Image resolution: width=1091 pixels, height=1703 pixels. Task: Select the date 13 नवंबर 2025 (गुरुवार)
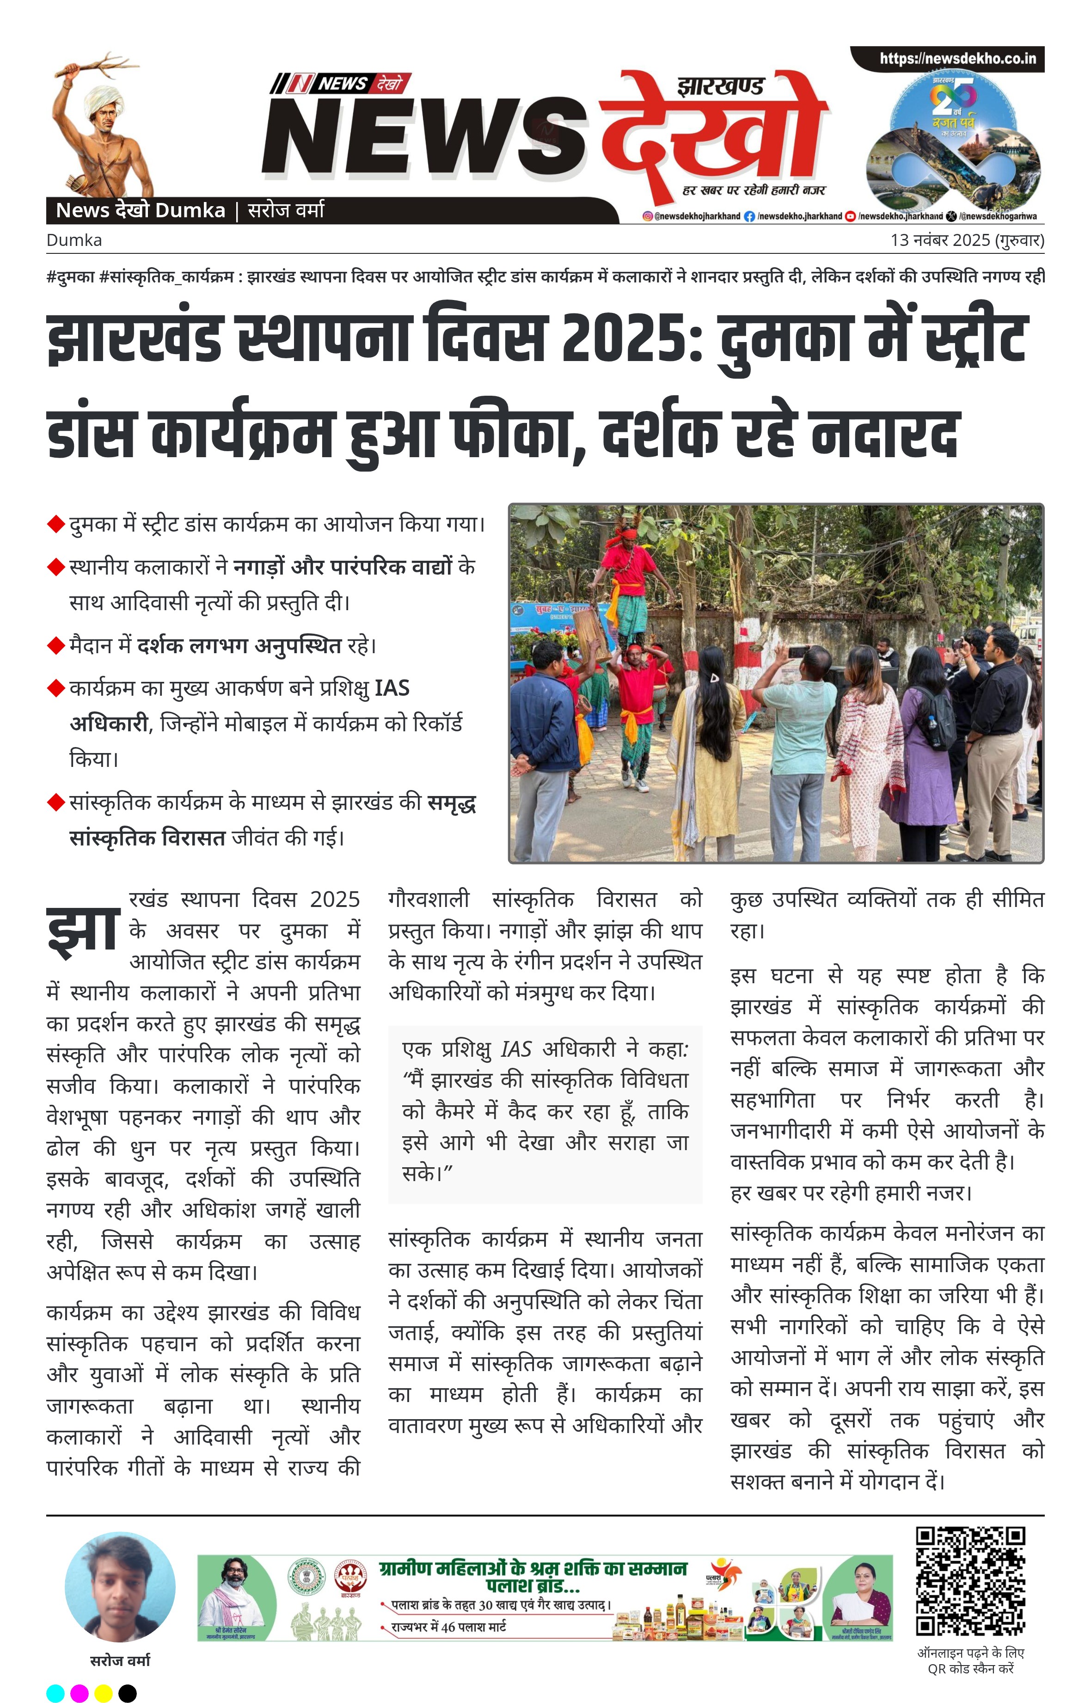tap(967, 240)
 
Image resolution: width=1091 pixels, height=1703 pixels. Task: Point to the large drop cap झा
tap(83, 930)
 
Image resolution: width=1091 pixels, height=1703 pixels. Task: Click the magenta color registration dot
tap(80, 1693)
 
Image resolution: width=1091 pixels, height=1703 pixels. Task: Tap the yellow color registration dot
tap(104, 1693)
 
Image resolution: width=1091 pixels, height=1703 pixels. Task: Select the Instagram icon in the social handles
tap(648, 216)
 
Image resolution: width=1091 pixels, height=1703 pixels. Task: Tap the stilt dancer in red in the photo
tap(626, 581)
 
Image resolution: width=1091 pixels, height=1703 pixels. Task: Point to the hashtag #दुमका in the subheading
tap(71, 277)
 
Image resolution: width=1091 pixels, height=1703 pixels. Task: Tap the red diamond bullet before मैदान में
tap(55, 646)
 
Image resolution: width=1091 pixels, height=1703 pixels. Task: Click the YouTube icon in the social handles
tap(851, 216)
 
